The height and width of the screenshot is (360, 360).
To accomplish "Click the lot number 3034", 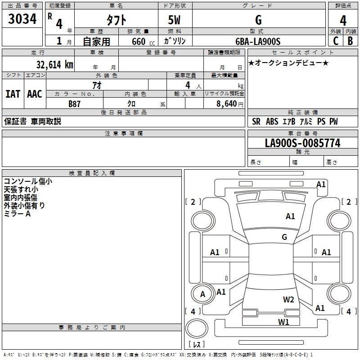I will coord(22,19).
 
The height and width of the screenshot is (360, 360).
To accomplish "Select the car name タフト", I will coord(116,20).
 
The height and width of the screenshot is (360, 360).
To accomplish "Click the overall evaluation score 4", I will coord(343,20).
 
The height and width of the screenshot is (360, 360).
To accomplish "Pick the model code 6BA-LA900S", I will coord(258,41).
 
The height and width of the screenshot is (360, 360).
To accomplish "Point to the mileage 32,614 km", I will coord(54,64).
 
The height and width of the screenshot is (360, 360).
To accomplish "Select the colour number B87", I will coord(74,103).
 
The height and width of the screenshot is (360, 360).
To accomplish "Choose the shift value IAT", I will coord(13,94).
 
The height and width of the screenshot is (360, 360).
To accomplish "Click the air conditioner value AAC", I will coord(34,94).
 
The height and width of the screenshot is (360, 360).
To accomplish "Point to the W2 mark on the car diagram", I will coord(288,300).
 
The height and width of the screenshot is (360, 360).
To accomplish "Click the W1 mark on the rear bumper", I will coord(283,322).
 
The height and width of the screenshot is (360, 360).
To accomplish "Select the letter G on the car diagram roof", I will coord(284,237).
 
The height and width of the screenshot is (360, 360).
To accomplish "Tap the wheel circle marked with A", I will coord(202,294).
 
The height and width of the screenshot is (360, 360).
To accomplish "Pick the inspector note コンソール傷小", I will coord(28,181).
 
